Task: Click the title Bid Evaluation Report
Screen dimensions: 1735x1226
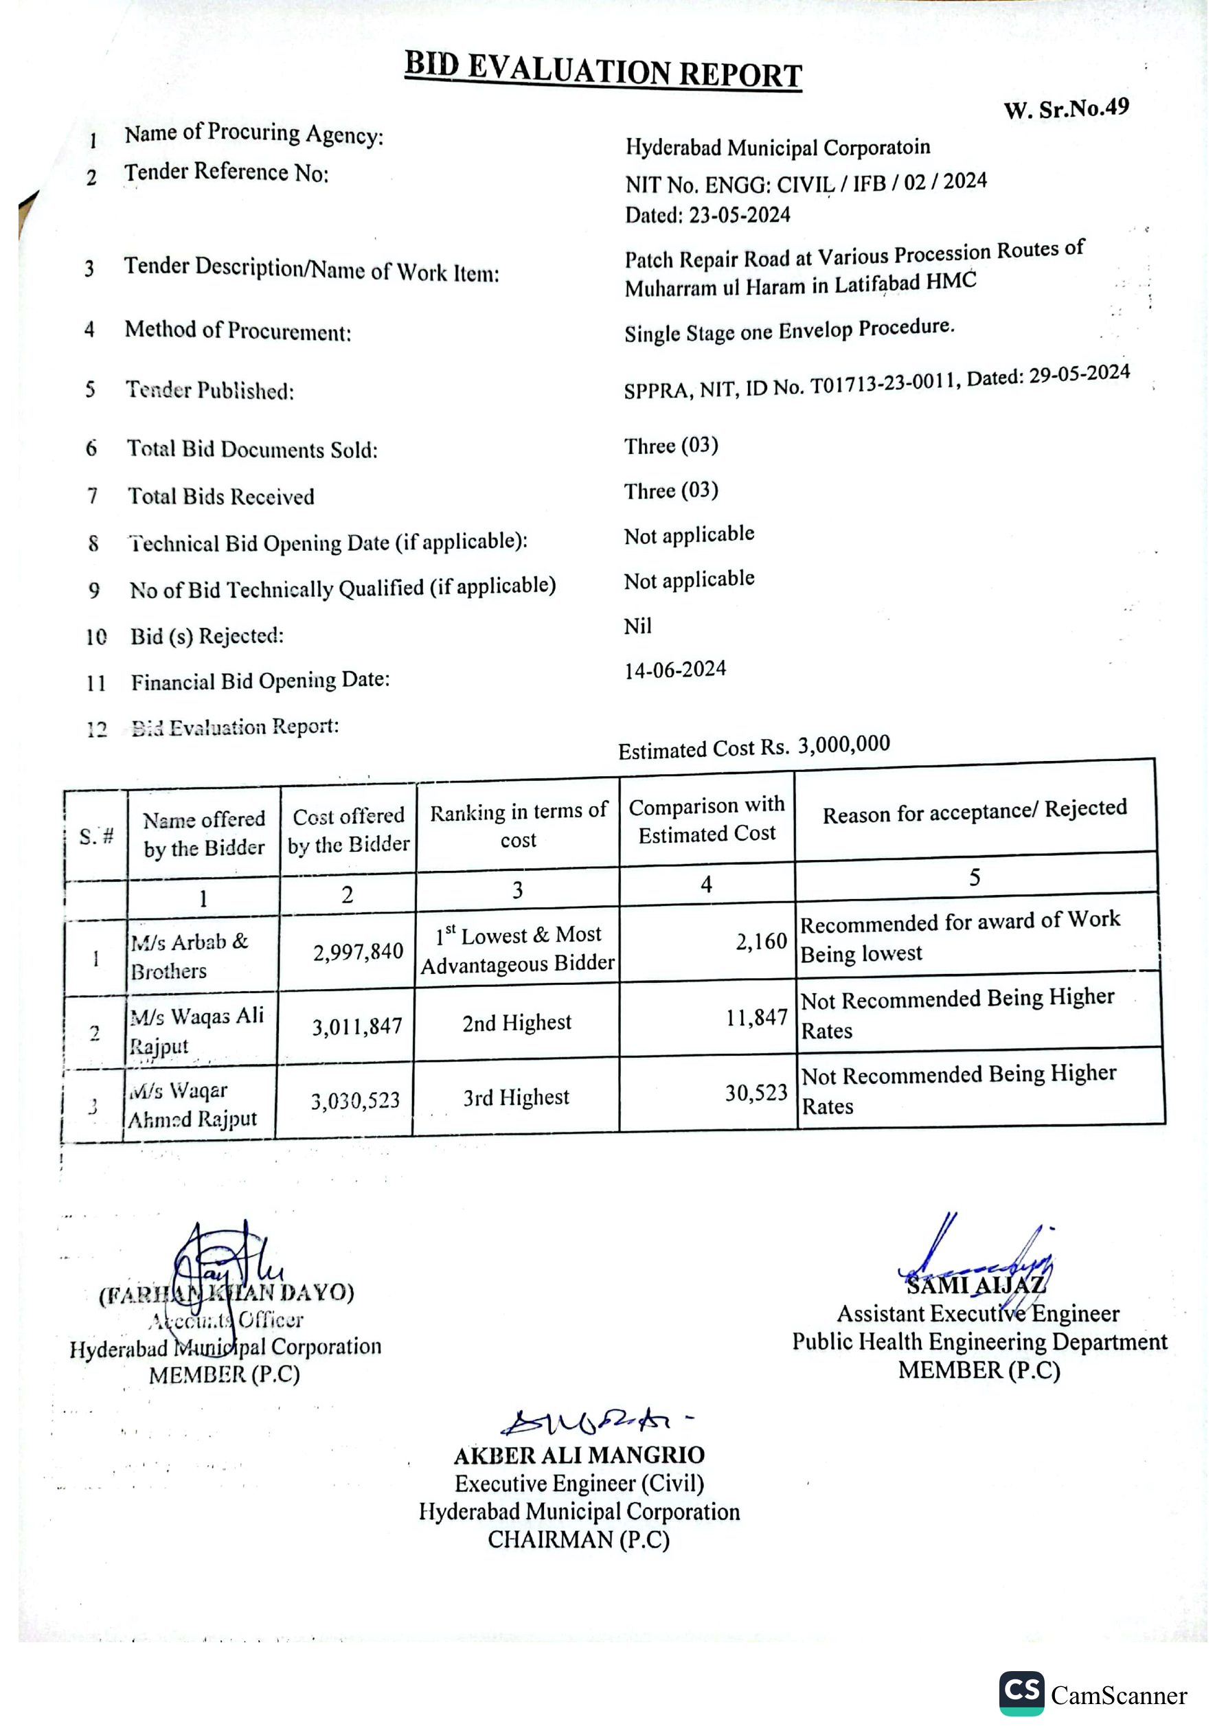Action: coord(602,70)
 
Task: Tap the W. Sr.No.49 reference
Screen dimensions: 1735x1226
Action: coord(1066,109)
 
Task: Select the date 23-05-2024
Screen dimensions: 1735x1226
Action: coord(739,216)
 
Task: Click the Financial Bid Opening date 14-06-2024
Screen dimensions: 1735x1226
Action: coord(675,670)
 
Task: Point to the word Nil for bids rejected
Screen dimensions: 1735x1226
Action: coord(637,626)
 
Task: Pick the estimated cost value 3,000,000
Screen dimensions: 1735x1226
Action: coord(843,745)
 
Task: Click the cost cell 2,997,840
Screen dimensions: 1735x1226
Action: coord(358,951)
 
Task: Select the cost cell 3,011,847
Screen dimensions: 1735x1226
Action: coord(356,1026)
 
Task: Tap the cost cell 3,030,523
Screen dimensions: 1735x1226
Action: coord(355,1100)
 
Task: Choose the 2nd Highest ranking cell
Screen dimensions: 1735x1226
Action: coord(516,1023)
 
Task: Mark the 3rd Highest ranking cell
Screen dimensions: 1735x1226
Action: coord(516,1097)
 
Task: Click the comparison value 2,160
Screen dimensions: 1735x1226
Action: coord(761,942)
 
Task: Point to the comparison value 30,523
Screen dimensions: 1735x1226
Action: coord(756,1093)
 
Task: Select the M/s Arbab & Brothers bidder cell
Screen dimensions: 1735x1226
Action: coord(189,957)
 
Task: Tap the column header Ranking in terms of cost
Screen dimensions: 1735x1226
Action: coord(518,825)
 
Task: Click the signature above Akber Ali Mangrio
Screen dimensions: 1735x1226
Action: coord(589,1422)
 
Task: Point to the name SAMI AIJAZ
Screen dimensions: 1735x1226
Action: coord(975,1284)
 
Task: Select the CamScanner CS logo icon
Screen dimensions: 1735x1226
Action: coord(1021,1693)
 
